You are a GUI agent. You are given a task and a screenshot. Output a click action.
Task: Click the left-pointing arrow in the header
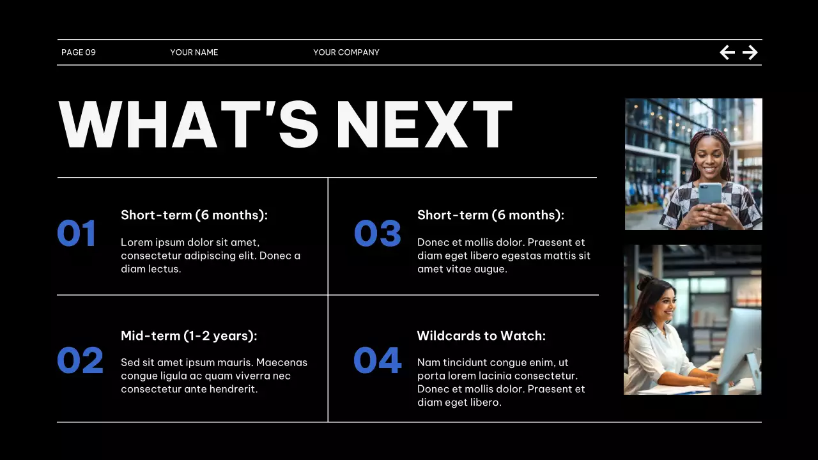coord(727,52)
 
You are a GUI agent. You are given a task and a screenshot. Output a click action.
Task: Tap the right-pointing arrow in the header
coord(750,52)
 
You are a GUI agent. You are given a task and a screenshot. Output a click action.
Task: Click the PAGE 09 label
coord(79,52)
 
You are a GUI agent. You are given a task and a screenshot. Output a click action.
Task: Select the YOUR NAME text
coord(194,52)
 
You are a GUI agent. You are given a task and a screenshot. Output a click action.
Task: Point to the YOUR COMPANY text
coord(346,52)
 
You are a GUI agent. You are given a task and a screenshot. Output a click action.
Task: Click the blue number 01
coord(77,233)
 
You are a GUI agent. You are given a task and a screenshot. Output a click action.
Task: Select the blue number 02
coord(80,360)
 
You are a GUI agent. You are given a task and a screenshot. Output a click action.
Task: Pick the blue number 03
coord(378,233)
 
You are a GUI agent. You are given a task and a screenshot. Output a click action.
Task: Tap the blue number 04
coord(378,360)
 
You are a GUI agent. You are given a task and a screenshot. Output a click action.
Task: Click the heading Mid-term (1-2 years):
coord(189,335)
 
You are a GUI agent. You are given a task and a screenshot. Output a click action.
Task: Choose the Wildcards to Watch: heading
coord(481,335)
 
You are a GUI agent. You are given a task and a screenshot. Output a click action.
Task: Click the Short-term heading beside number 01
coord(194,215)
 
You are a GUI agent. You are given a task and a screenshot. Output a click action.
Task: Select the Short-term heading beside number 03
coord(491,215)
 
